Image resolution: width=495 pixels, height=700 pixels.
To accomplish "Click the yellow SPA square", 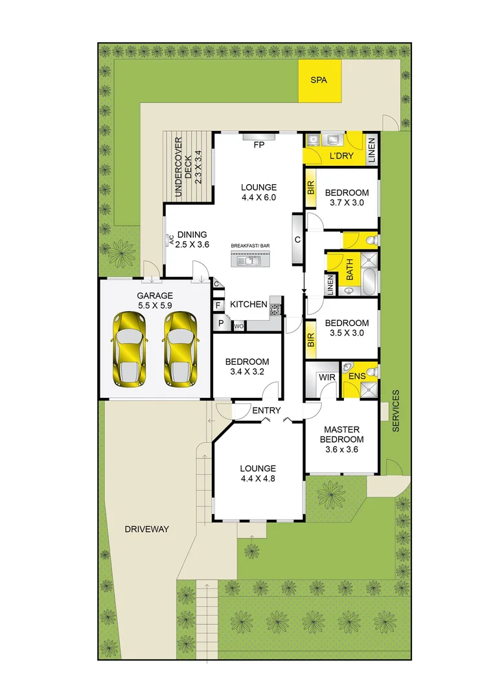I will [x=317, y=81].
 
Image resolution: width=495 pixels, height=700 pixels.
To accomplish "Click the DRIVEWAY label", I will [x=147, y=529].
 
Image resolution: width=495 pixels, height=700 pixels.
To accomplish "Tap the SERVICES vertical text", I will [x=397, y=411].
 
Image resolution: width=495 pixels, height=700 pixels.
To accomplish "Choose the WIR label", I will [x=325, y=377].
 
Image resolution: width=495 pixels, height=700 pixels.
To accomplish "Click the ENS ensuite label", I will [x=357, y=376].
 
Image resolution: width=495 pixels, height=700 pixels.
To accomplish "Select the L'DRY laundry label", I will [x=340, y=157].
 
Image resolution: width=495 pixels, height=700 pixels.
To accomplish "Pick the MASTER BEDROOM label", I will [x=341, y=439].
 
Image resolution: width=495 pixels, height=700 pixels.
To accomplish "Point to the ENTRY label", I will [x=266, y=410].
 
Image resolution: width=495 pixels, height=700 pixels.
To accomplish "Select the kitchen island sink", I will [x=249, y=261].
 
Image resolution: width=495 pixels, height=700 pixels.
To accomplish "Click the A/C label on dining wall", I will [x=172, y=240].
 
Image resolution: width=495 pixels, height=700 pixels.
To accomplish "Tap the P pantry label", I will [x=220, y=323].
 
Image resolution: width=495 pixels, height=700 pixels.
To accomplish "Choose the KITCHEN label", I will [x=249, y=304].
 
